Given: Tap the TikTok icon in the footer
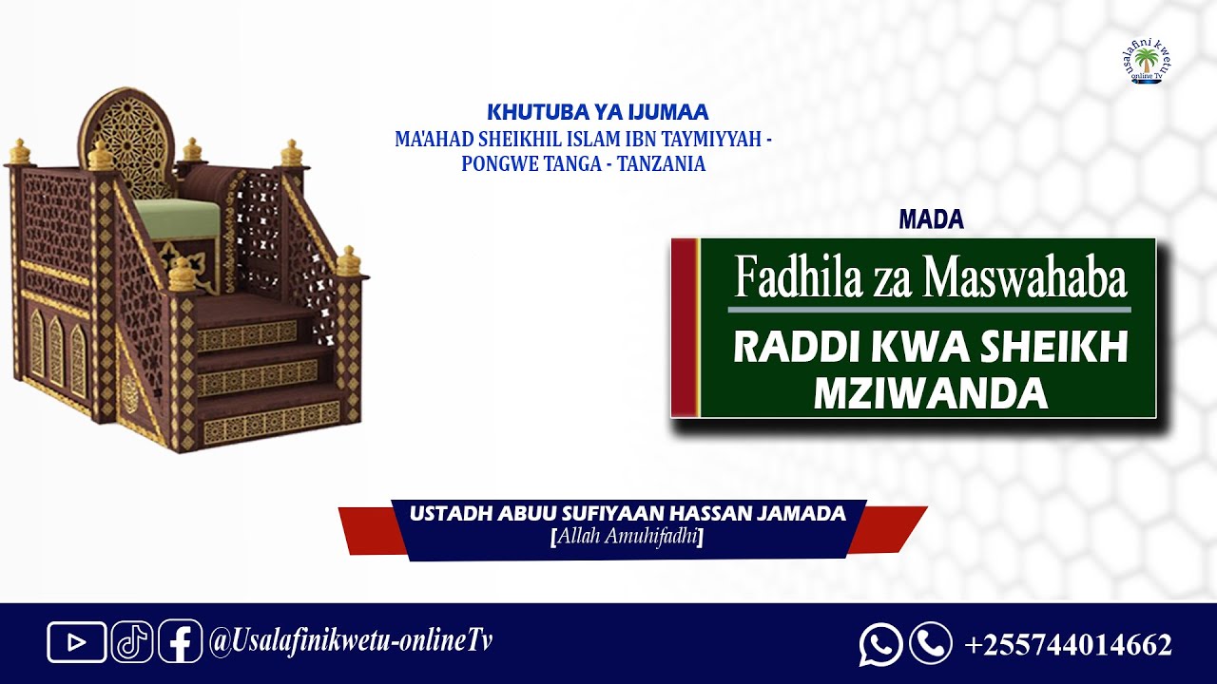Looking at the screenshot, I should [x=132, y=642].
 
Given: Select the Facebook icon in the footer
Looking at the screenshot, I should [x=180, y=642].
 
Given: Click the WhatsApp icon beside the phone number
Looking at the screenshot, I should [x=880, y=644].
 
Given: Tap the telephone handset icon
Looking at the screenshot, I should [x=930, y=643].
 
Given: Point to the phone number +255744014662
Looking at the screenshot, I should [x=1068, y=645].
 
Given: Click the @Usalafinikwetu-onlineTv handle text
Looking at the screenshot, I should [x=351, y=641].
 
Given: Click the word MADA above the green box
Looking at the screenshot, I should [x=931, y=220].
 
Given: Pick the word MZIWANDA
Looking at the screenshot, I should [x=930, y=393].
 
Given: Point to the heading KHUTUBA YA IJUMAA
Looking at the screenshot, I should [x=597, y=113].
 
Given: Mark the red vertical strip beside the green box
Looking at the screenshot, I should [x=685, y=327].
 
